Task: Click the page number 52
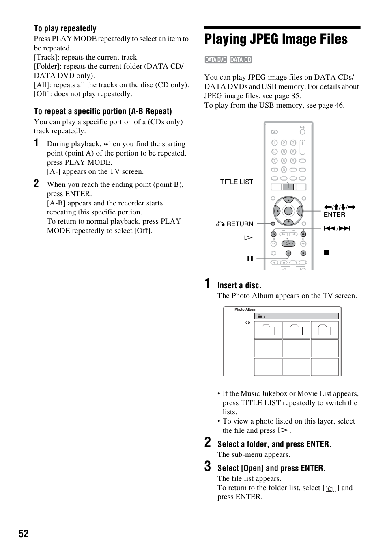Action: pos(24,534)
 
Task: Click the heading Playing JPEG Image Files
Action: pos(276,39)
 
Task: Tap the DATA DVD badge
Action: pos(216,60)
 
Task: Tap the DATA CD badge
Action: pos(241,60)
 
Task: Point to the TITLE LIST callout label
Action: pos(236,182)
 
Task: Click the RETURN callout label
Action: pos(239,224)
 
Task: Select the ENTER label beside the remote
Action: pos(334,215)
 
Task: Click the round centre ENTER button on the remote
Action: pos(288,211)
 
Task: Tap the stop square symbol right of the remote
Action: pos(326,253)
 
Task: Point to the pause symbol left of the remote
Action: pos(250,259)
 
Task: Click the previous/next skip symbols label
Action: pos(337,228)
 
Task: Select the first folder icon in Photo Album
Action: pos(268,330)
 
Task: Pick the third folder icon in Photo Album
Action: pos(324,330)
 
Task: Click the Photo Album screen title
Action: pos(245,309)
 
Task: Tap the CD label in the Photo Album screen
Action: pos(247,323)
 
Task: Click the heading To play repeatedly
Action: pos(65,28)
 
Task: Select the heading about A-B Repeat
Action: pos(103,111)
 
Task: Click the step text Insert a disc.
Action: pos(239,285)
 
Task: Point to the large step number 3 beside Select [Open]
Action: pos(208,467)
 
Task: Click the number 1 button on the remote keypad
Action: pos(274,143)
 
